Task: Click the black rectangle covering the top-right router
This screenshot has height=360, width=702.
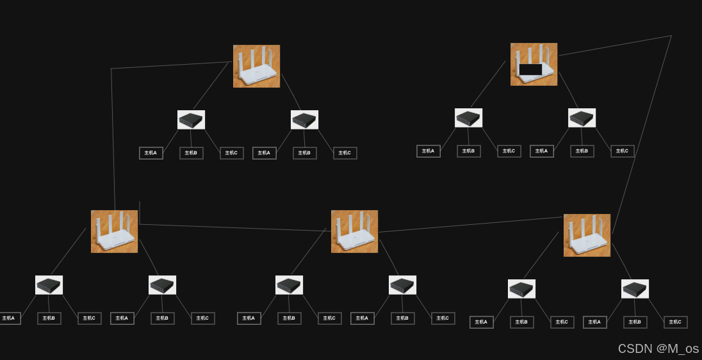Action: click(x=530, y=69)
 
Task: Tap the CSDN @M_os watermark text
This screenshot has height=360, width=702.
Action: click(x=658, y=348)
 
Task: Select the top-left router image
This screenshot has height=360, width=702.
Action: click(x=256, y=66)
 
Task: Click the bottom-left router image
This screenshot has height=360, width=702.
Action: click(x=114, y=231)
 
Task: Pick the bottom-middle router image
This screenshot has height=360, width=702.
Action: click(x=354, y=231)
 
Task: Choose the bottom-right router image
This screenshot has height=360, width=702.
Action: click(x=587, y=235)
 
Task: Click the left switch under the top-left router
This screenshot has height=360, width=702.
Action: click(x=191, y=120)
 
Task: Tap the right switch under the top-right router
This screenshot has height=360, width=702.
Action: click(x=582, y=118)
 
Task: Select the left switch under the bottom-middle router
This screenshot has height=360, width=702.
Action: click(x=289, y=285)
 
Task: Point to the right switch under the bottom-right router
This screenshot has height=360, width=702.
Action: click(x=635, y=289)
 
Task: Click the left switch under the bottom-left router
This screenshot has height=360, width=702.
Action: click(x=49, y=285)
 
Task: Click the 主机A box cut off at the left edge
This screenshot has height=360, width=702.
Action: click(x=9, y=318)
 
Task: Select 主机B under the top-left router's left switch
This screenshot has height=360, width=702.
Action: click(x=191, y=153)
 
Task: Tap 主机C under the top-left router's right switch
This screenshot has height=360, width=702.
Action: click(x=345, y=153)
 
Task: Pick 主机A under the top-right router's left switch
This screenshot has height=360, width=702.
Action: click(x=428, y=151)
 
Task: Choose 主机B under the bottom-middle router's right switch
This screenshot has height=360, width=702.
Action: click(x=402, y=318)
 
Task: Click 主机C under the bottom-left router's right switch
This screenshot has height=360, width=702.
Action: click(x=202, y=318)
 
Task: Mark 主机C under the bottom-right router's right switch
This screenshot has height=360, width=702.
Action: click(x=675, y=322)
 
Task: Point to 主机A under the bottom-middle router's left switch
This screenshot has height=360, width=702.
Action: click(x=249, y=318)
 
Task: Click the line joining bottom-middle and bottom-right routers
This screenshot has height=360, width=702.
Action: click(x=471, y=225)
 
